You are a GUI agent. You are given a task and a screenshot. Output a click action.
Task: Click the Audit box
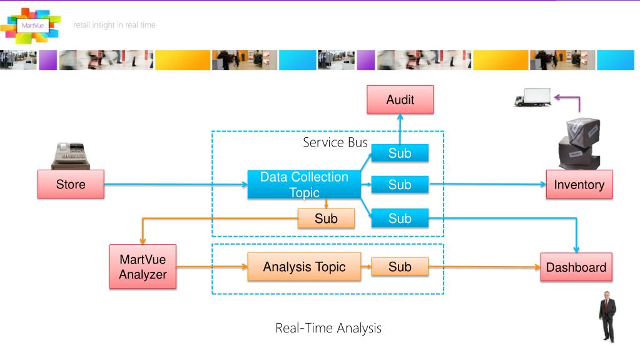400,100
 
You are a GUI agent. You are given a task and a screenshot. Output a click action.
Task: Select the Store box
71,184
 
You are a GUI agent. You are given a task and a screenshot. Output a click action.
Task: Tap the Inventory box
579,184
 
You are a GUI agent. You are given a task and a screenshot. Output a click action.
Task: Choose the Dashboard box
576,267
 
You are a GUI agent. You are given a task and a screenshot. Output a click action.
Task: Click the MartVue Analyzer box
143,267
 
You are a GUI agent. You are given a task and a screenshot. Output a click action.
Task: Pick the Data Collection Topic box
304,185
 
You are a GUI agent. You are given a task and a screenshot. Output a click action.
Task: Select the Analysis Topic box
304,267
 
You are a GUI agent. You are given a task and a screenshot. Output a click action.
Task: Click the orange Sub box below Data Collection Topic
326,219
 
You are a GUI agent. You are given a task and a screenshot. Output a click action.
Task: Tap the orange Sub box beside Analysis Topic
400,267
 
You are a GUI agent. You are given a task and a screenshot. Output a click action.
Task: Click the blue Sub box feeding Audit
400,153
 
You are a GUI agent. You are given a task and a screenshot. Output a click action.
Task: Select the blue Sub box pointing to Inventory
400,185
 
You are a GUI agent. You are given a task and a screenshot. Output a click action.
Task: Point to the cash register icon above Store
71,156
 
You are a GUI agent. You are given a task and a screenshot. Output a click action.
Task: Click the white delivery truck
532,97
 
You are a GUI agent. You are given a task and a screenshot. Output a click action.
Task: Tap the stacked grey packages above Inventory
579,143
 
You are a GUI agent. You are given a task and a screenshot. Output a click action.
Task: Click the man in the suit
607,317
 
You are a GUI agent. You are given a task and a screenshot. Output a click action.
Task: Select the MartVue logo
31,25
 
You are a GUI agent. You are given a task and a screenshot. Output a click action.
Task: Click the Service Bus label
335,142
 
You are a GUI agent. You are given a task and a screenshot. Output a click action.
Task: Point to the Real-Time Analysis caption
328,327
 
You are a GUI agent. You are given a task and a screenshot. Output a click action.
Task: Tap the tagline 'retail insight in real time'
114,25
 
